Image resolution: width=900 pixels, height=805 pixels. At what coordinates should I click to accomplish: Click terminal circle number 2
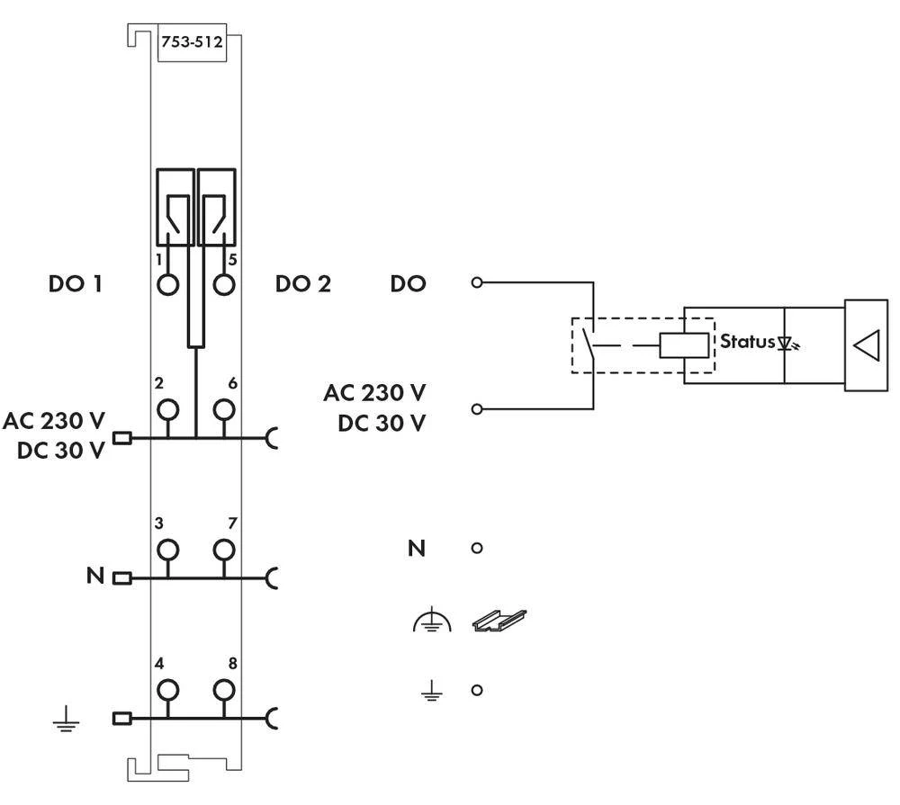[166, 410]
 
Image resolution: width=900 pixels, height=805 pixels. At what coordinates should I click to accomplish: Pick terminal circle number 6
[224, 410]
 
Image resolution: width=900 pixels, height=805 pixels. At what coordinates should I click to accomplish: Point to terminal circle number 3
[166, 549]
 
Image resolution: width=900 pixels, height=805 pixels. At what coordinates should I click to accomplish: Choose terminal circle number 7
[224, 549]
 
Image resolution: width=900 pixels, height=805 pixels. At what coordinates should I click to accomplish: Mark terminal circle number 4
[166, 690]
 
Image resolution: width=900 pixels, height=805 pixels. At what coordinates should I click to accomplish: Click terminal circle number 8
[224, 690]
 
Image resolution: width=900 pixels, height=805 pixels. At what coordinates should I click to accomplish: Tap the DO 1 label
[75, 285]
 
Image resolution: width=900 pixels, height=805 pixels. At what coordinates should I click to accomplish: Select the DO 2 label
[303, 285]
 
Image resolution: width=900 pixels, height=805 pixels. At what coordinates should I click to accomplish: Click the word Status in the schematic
[746, 342]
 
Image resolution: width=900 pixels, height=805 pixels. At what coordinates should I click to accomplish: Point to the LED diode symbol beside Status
[787, 343]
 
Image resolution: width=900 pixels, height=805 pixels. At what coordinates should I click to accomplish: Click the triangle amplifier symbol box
[865, 346]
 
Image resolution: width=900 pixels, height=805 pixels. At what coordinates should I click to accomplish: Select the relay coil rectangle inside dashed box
[685, 344]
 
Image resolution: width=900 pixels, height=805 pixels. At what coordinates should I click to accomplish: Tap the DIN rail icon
[499, 619]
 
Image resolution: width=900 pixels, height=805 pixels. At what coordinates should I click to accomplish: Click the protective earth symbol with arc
[432, 621]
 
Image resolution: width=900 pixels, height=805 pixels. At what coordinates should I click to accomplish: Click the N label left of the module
[95, 576]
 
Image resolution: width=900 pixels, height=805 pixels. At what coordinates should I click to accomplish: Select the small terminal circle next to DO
[477, 283]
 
